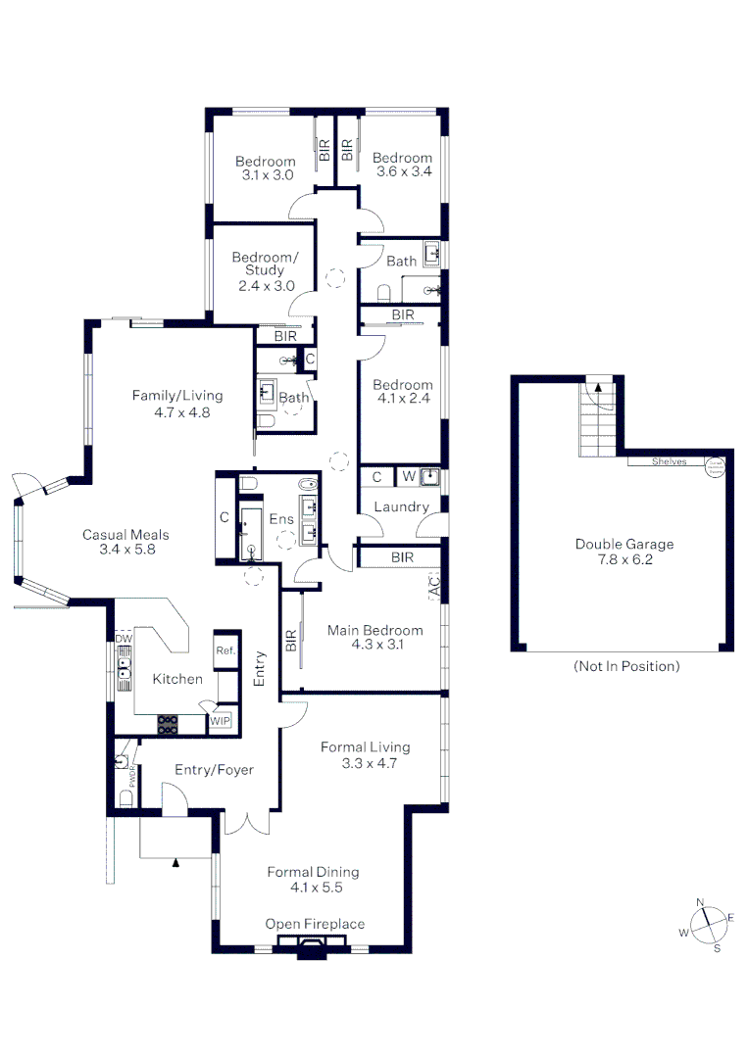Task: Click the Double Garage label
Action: pos(624,552)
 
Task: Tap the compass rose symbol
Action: pos(707,924)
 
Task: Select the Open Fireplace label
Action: pos(315,924)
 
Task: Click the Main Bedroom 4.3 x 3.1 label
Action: pos(375,637)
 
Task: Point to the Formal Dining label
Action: pos(313,879)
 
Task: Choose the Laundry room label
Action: pos(402,506)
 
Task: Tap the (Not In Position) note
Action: pos(624,666)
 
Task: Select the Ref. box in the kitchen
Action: pos(225,650)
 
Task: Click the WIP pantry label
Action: pos(222,721)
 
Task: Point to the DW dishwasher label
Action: pos(124,639)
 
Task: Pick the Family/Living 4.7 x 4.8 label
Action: pos(177,404)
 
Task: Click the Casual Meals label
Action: pos(125,542)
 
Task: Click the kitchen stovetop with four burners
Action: pos(169,724)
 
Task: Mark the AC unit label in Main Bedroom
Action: pos(434,587)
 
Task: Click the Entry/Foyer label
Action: pos(214,770)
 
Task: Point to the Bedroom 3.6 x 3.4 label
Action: pos(402,165)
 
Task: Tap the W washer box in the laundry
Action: pos(407,477)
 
